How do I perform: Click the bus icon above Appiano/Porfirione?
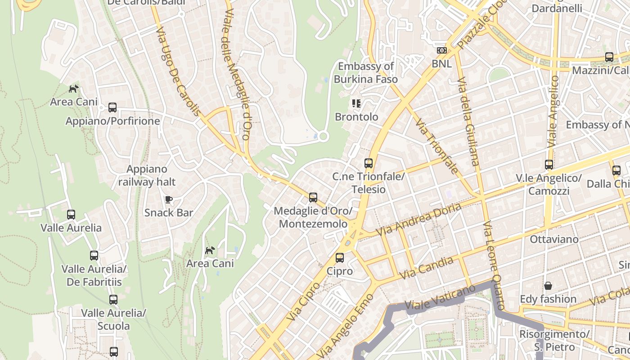point(112,108)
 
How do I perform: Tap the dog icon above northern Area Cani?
point(73,89)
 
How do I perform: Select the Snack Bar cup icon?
point(169,199)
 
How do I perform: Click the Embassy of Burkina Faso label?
point(366,73)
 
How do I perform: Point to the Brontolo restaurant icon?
point(356,103)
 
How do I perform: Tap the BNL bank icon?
point(441,50)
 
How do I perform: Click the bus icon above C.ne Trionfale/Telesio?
point(369,163)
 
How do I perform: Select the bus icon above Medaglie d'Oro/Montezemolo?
point(313,197)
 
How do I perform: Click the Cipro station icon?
point(340,258)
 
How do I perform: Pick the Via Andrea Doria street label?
point(418,220)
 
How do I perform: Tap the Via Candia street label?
point(426,268)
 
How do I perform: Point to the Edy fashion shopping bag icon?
point(548,286)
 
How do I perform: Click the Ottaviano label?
point(554,239)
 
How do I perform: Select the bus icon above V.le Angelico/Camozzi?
point(549,165)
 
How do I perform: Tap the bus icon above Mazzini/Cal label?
point(609,57)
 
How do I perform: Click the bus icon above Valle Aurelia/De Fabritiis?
point(94,256)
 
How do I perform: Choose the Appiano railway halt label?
point(147,175)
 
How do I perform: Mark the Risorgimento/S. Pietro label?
point(554,341)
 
